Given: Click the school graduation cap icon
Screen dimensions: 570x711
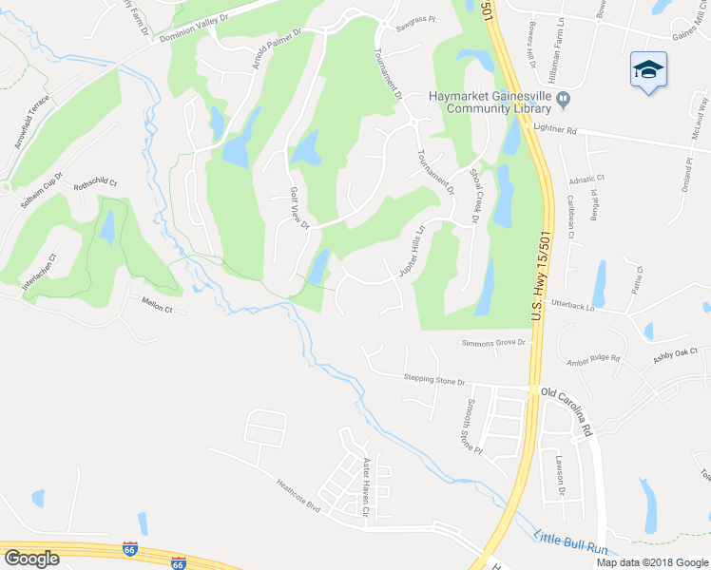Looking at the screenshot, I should (648, 70).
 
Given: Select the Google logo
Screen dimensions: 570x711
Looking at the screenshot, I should (31, 559).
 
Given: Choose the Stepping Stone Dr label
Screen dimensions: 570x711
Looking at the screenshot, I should (434, 381).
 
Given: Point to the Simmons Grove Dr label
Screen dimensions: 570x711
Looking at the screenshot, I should (493, 343).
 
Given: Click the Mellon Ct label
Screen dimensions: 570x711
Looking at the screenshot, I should (156, 309).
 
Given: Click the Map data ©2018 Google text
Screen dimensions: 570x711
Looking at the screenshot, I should (652, 561).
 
